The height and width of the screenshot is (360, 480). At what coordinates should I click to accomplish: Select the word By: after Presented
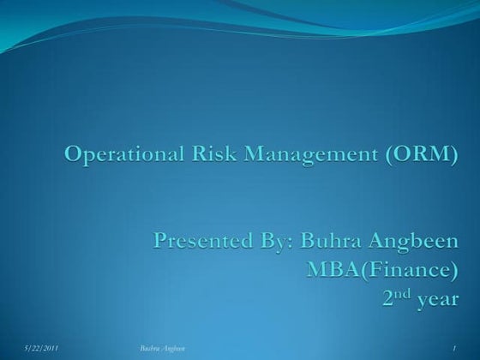click(269, 242)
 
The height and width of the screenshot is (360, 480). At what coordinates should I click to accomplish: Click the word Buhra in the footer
click(149, 346)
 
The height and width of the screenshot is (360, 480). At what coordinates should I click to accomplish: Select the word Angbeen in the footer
click(174, 346)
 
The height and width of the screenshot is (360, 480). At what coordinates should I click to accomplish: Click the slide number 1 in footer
click(453, 346)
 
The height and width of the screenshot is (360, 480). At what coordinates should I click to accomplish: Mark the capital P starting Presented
click(160, 242)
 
